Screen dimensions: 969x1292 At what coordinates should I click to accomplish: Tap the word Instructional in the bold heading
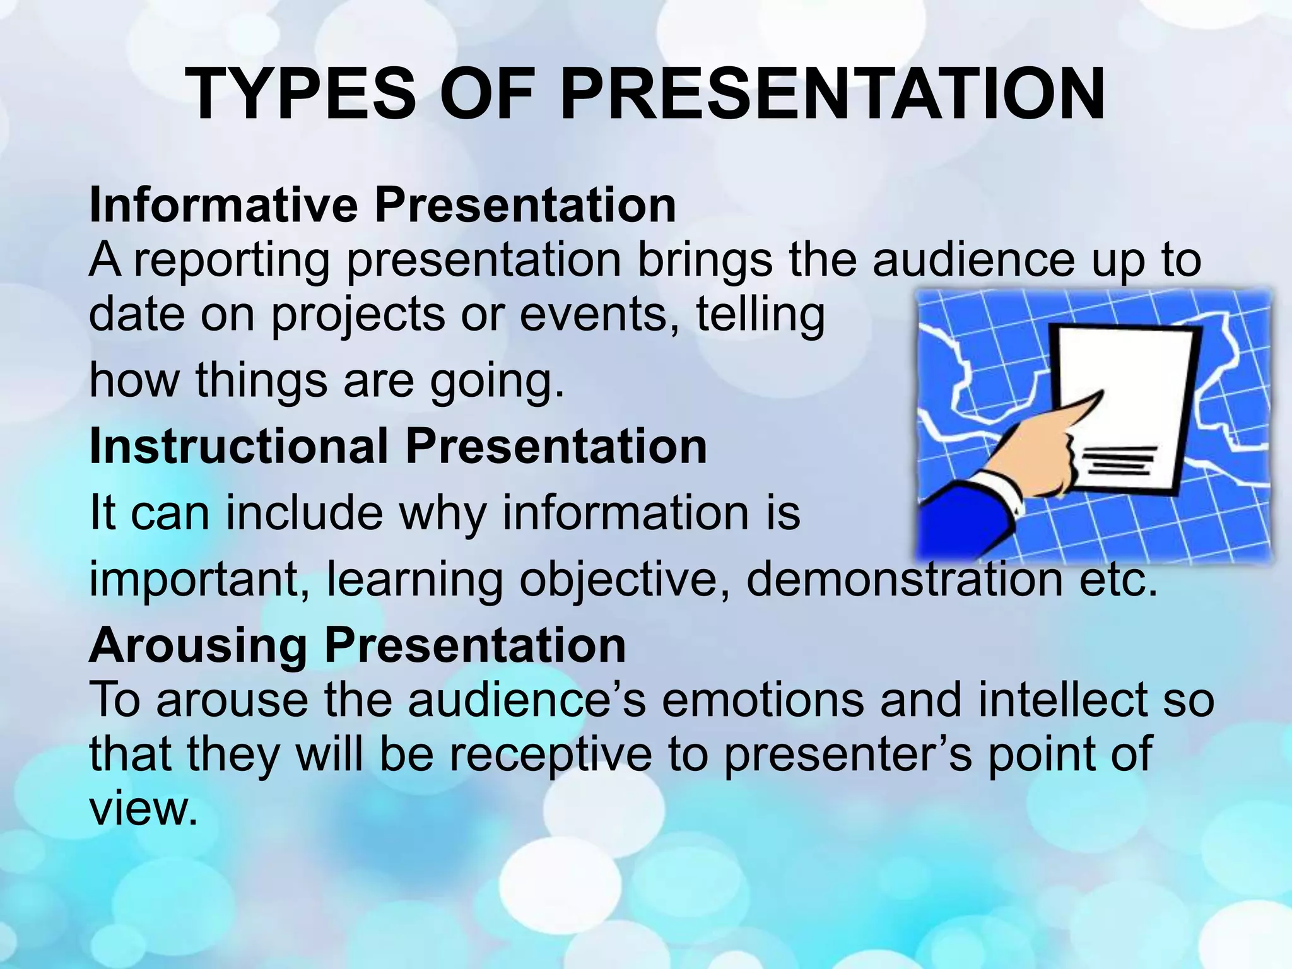click(x=238, y=446)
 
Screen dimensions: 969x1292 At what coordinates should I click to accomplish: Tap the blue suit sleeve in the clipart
click(x=965, y=520)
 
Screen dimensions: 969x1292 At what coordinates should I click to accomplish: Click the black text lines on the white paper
click(x=1120, y=459)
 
